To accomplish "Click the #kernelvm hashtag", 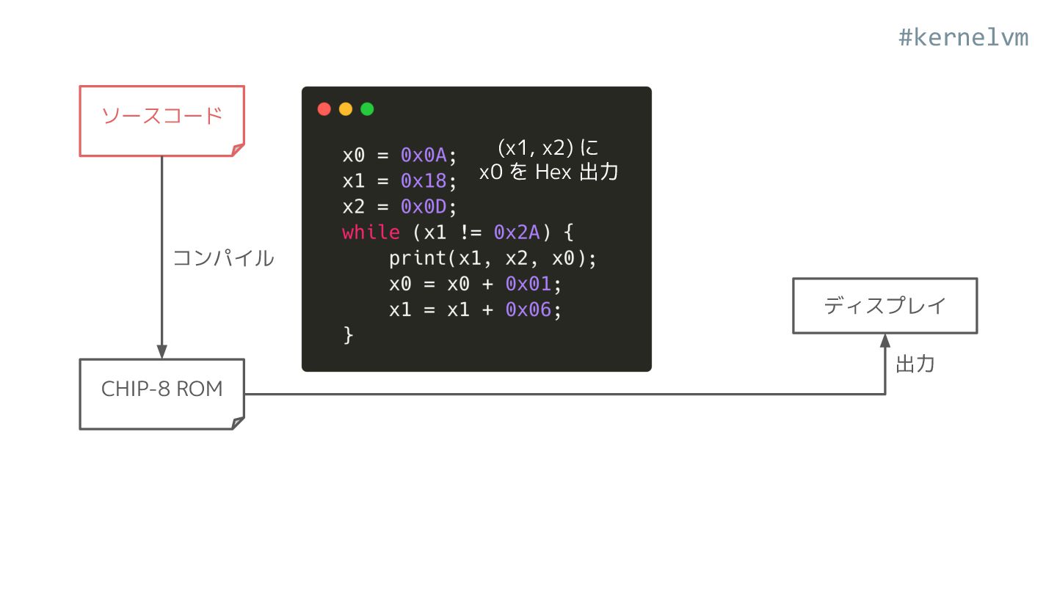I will [963, 37].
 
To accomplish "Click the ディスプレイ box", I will [885, 305].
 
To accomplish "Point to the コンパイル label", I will [223, 258].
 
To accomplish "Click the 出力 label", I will [915, 364].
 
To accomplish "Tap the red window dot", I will [324, 109].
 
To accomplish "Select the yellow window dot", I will [346, 109].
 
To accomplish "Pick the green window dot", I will [367, 109].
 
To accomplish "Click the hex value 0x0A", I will [424, 155].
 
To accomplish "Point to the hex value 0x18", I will [424, 180].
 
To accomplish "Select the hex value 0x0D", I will [424, 206].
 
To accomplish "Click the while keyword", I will [371, 232].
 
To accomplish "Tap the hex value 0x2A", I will [517, 232].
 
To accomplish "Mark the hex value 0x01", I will [528, 284].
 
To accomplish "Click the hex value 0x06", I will [528, 309].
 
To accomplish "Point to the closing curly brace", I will [348, 335].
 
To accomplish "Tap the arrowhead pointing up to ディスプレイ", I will [885, 341].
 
